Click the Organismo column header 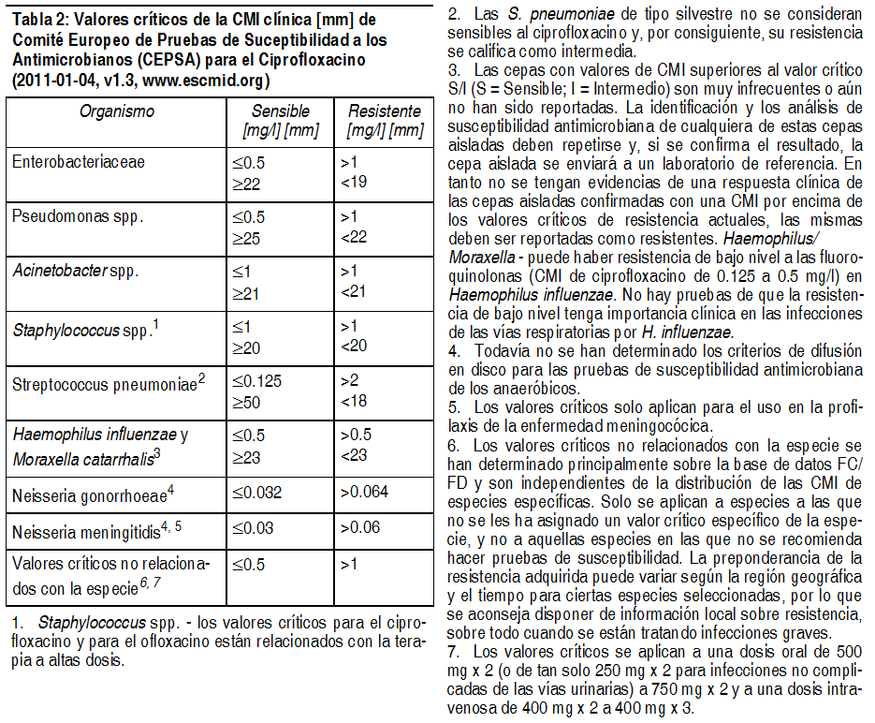pos(116,111)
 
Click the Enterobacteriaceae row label pos(79,162)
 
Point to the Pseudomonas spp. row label pos(78,216)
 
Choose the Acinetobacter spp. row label pos(75,271)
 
